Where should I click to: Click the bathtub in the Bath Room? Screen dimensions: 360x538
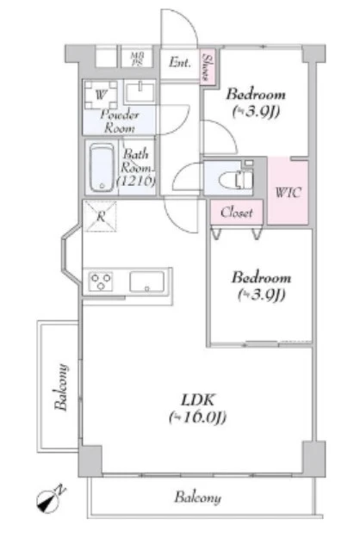click(102, 168)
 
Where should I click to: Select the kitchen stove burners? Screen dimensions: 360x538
click(101, 281)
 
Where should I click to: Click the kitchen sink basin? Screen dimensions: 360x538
click(147, 281)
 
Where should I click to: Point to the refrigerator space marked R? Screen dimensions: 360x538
click(101, 217)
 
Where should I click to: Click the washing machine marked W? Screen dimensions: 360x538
click(101, 95)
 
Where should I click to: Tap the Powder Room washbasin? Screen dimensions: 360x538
click(140, 92)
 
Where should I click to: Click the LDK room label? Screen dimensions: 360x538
click(198, 400)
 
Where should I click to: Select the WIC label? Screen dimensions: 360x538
click(288, 192)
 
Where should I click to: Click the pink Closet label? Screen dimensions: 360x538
click(237, 213)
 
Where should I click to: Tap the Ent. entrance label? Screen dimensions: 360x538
click(179, 63)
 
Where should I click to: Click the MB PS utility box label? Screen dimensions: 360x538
click(137, 59)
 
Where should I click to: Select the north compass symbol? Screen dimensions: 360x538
click(51, 499)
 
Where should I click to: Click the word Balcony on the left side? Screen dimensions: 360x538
click(61, 386)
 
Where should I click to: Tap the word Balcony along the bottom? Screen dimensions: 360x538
click(198, 498)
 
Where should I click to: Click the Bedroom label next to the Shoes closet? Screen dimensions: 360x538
click(256, 95)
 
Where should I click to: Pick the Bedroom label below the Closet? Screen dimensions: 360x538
click(261, 277)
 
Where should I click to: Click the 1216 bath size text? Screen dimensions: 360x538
click(136, 181)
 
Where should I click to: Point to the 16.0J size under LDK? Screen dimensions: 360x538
click(198, 417)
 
